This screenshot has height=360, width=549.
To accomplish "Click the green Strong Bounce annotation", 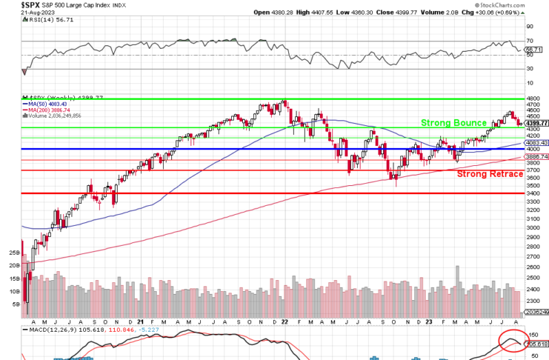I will [454, 123].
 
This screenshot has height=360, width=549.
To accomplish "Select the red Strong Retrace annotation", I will [490, 173].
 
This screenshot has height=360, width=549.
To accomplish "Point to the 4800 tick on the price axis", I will [534, 98].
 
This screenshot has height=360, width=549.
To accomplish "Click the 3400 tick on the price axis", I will [534, 193].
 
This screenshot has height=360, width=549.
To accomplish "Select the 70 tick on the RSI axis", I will [530, 41].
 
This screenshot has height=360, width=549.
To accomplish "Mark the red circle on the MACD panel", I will [511, 341].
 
